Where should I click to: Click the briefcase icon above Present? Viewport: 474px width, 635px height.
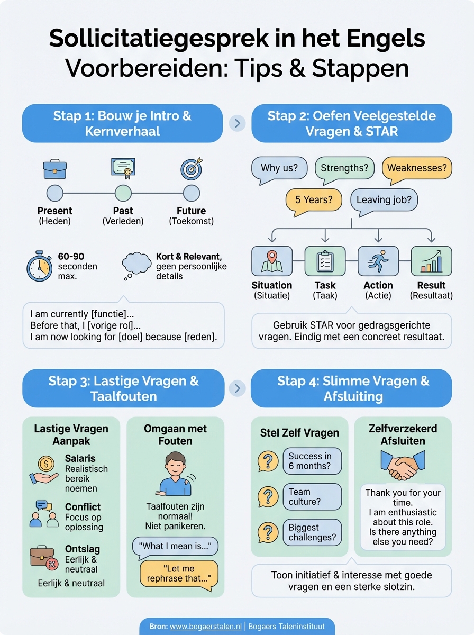tap(55, 169)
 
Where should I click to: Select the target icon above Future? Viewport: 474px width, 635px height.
tap(191, 168)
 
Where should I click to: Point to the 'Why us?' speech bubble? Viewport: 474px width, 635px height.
tap(279, 169)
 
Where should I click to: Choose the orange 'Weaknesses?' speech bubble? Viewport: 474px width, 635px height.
tap(417, 169)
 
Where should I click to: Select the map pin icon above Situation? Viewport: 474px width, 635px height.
tap(271, 261)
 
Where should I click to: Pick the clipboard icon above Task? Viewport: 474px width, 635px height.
tap(325, 261)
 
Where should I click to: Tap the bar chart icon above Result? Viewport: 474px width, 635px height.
tap(431, 261)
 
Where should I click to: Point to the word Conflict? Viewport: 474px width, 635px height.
tap(83, 506)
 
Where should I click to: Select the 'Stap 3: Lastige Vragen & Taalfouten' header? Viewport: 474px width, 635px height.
tap(123, 388)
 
